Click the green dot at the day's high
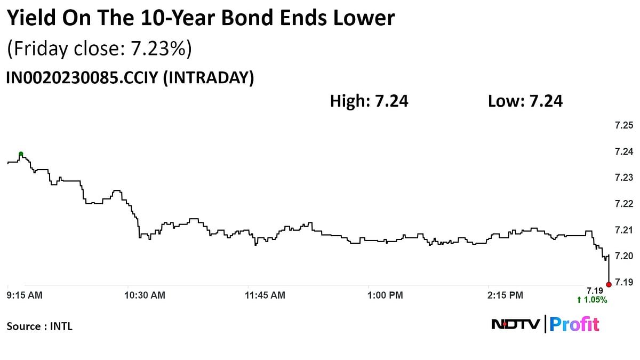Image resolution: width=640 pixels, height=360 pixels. click(x=21, y=154)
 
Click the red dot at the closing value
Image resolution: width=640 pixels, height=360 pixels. click(x=609, y=284)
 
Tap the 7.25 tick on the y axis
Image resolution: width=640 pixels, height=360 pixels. click(x=623, y=125)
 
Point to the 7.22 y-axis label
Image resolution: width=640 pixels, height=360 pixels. click(x=623, y=204)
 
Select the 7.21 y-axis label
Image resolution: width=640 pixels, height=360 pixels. click(x=623, y=230)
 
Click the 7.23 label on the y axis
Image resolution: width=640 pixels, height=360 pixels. click(x=623, y=178)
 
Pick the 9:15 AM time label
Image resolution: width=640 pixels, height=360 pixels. click(x=25, y=294)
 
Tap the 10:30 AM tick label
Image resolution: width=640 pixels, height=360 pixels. click(x=145, y=294)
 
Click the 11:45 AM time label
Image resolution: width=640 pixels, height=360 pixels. click(x=265, y=294)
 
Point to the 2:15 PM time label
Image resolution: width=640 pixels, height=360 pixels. click(x=506, y=294)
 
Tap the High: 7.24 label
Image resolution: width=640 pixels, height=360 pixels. click(x=369, y=101)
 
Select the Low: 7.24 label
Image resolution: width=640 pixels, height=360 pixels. click(x=525, y=101)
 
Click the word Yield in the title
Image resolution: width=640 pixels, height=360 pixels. click(x=31, y=19)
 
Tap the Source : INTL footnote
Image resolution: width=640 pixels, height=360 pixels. click(x=39, y=326)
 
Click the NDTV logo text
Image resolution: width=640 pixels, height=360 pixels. click(x=516, y=324)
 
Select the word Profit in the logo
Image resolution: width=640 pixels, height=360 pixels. click(x=574, y=324)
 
